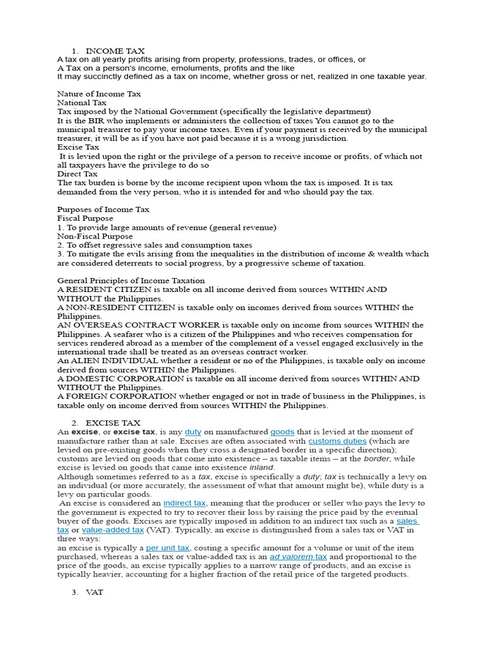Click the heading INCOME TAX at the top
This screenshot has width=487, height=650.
pos(115,51)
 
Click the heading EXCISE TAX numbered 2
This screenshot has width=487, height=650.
pos(113,423)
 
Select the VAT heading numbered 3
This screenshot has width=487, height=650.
pos(94,592)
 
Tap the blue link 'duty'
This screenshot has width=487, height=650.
pos(193,432)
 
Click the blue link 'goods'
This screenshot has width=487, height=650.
pos(282,432)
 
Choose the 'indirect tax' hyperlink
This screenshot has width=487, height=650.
pos(185,503)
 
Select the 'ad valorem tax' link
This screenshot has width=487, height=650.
pos(298,556)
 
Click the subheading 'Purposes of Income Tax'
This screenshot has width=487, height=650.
pos(103,209)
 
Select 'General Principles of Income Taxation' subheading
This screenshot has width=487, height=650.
pos(131,281)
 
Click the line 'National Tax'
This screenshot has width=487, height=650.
pos(82,103)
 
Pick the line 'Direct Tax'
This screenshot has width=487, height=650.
pos(77,174)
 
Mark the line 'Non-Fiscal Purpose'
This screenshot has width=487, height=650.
pos(95,236)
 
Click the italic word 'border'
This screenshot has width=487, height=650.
pos(376,458)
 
